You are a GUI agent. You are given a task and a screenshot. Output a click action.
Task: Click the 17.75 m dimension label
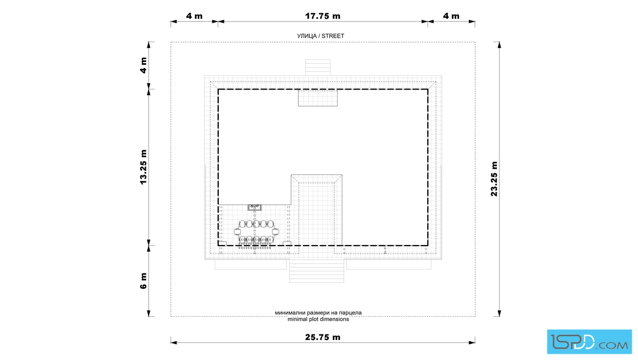322,16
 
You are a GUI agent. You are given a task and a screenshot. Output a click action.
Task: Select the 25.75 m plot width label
322,337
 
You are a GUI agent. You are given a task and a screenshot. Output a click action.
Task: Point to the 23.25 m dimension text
494,179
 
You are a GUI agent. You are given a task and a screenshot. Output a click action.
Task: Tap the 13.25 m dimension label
143,167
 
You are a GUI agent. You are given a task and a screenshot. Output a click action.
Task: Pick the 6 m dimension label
143,281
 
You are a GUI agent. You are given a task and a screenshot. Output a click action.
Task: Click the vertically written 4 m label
143,65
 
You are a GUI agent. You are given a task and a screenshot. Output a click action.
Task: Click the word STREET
333,36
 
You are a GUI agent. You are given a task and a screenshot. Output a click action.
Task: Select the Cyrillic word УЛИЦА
307,36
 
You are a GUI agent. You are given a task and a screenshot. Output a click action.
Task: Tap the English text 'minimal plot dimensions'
318,320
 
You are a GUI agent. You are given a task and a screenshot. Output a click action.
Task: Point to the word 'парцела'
351,313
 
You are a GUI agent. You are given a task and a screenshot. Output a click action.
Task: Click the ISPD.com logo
589,342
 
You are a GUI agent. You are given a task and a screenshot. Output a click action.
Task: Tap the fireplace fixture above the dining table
255,207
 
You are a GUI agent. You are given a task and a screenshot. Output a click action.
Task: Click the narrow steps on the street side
318,68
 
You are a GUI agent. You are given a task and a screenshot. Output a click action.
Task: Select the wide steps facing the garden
317,271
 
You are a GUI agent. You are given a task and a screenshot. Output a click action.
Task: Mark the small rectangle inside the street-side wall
318,98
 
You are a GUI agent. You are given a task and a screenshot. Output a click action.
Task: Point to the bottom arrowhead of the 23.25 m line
499,313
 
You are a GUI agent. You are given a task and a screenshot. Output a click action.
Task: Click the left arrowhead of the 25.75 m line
174,342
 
